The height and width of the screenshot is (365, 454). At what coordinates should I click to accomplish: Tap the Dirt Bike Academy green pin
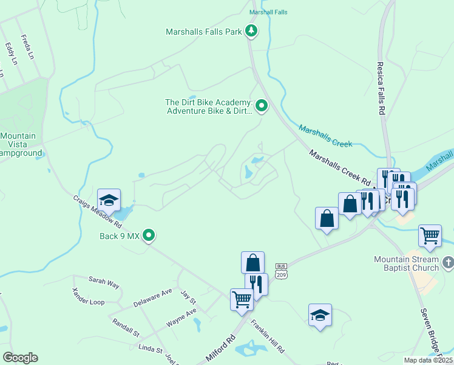click(x=262, y=106)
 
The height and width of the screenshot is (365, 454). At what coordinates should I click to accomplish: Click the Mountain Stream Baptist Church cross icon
click(x=448, y=263)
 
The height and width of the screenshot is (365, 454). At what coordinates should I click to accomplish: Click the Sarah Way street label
click(x=104, y=281)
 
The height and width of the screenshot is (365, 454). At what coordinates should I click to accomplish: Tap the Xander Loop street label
click(x=88, y=297)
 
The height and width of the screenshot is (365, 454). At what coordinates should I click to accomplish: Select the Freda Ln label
click(x=26, y=47)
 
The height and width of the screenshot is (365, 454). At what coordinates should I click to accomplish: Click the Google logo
click(x=20, y=358)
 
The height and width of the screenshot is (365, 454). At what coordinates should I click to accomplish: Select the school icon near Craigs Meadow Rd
click(x=109, y=200)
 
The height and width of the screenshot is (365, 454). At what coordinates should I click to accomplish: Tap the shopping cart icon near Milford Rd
click(x=242, y=299)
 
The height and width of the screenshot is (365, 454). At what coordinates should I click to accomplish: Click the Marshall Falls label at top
click(x=268, y=12)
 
